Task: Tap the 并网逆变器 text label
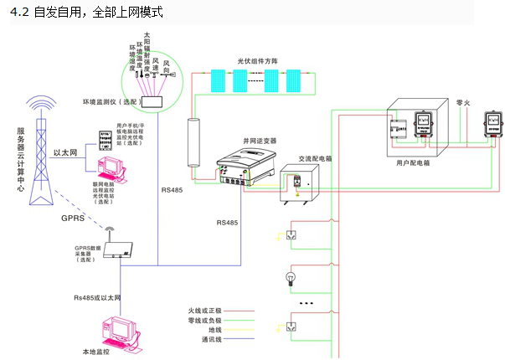coord(259,141)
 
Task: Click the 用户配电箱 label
coord(414,164)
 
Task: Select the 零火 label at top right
coord(465,103)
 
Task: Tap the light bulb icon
coord(292,277)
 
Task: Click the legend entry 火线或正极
coord(204,311)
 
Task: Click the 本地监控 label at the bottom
coord(118,352)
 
